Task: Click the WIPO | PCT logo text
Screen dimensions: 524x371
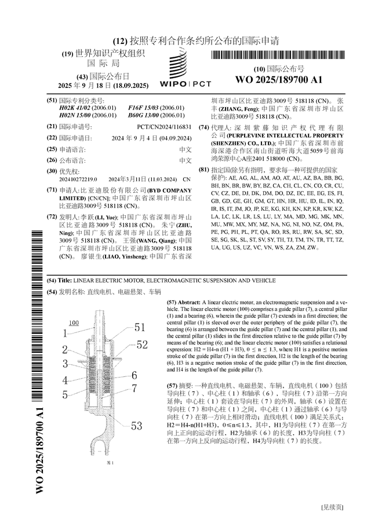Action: tap(184, 84)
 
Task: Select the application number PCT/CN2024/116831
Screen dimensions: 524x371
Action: tap(164, 127)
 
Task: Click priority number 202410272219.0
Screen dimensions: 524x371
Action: tap(78, 179)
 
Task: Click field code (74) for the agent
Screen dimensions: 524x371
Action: tap(203, 127)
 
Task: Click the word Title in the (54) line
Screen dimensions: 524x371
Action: tap(65, 280)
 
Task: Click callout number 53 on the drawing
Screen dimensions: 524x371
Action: tap(136, 426)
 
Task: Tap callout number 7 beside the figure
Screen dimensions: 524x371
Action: tap(134, 388)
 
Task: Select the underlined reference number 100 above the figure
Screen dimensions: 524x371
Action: tap(74, 323)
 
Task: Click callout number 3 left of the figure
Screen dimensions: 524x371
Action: tap(66, 364)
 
